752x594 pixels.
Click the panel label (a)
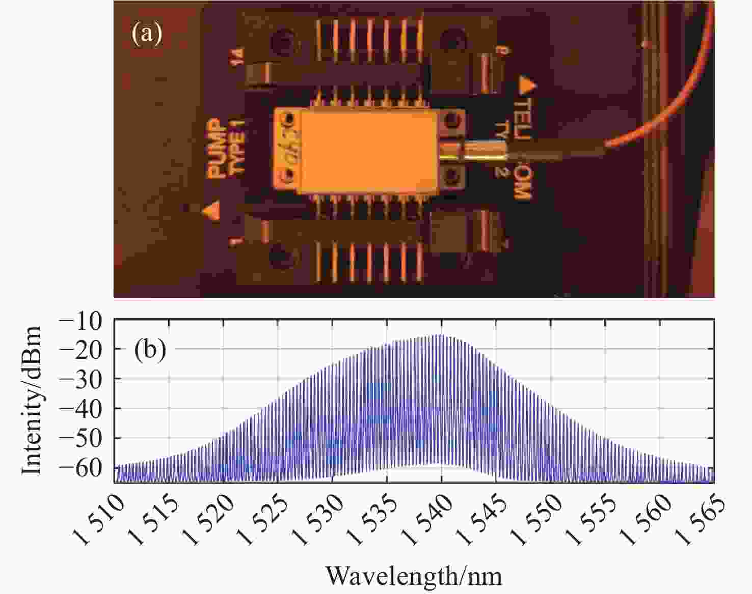tap(147, 34)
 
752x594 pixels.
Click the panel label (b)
tap(150, 350)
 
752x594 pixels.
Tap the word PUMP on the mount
tap(217, 149)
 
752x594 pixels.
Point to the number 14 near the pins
tap(237, 55)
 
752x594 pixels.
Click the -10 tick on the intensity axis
tap(87, 320)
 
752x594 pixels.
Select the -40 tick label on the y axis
tap(87, 409)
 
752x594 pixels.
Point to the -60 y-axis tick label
tap(87, 468)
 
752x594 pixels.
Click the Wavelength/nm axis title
tap(414, 576)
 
